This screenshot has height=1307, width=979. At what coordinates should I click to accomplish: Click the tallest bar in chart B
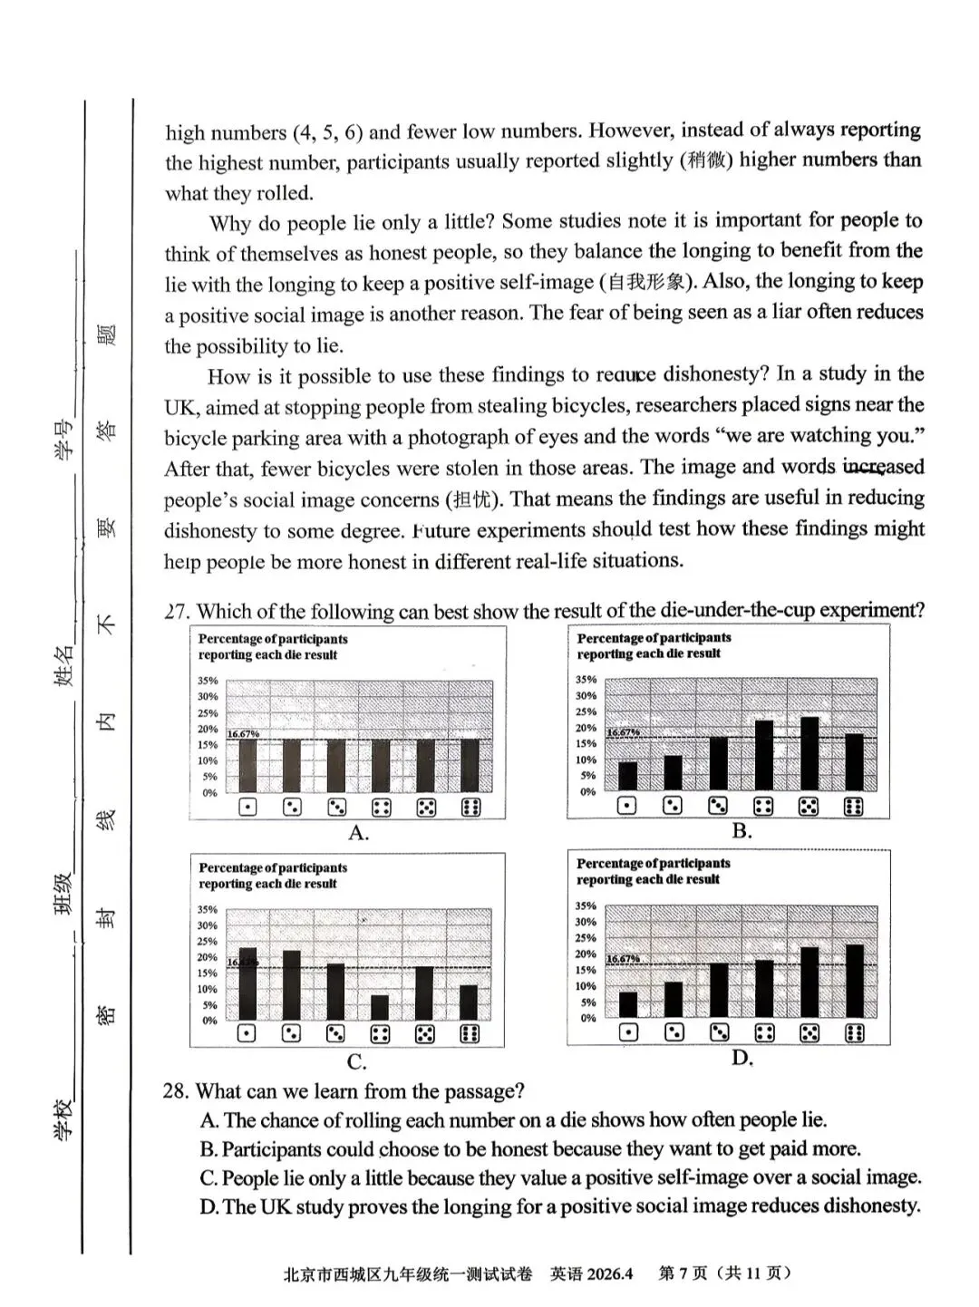(809, 753)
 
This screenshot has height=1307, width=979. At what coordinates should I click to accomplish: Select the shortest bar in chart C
(380, 1007)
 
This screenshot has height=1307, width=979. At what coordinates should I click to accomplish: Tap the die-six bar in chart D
(854, 981)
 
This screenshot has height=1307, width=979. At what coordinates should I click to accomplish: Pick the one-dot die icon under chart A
(247, 807)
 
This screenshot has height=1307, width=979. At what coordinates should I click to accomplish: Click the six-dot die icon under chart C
(469, 1033)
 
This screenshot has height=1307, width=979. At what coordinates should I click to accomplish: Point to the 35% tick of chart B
(586, 680)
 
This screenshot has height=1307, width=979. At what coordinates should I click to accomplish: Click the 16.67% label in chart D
(623, 959)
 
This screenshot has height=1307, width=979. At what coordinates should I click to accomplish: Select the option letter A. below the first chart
(359, 833)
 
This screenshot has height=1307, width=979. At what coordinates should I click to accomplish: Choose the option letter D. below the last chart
(742, 1058)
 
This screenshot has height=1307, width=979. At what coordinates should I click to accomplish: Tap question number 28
(176, 1090)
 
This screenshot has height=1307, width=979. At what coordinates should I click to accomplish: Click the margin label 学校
(64, 1118)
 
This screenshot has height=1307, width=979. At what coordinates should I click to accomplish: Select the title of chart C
(273, 876)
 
